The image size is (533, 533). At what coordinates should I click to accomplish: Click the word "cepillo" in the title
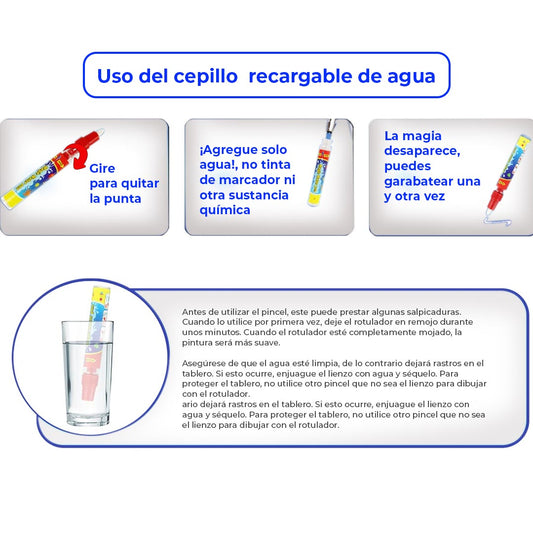pos(206,77)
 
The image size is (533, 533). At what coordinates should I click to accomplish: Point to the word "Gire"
pos(102,168)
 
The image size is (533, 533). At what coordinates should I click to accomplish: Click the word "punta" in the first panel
pos(122,199)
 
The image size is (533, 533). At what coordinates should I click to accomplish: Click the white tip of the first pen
pos(99,132)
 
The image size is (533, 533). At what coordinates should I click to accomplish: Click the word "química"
pos(225,210)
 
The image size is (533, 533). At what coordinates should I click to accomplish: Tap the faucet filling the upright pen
pos(331,126)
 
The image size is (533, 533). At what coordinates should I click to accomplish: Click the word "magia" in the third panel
pos(422,136)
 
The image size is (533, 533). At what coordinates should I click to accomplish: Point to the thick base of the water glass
pos(89,419)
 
